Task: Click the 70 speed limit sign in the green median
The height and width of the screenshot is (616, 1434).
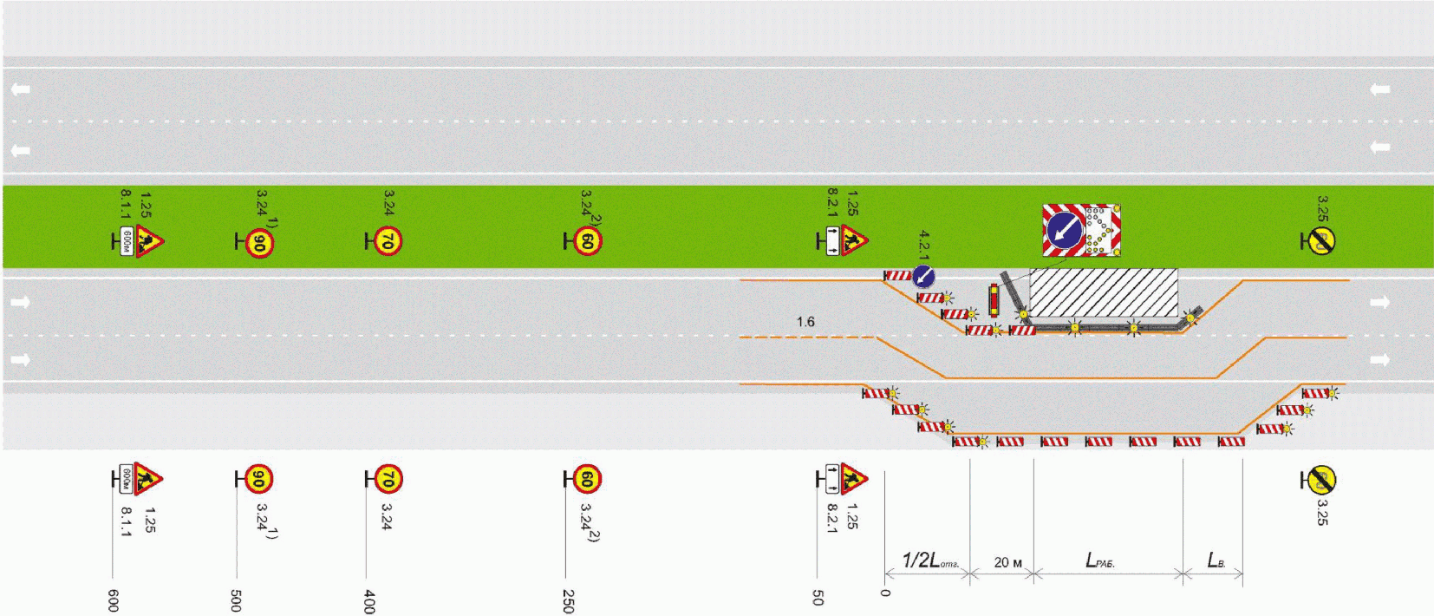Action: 388,242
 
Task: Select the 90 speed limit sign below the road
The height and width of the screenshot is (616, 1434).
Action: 258,479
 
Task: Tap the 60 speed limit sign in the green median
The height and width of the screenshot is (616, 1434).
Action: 587,241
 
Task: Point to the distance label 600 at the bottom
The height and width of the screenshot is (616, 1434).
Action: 113,600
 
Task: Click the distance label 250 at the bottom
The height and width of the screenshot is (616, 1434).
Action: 568,600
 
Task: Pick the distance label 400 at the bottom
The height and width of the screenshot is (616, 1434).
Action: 369,600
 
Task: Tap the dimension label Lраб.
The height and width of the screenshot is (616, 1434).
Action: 1099,560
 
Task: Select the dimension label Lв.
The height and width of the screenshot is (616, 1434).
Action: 1216,560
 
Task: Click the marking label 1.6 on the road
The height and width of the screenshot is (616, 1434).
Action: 805,322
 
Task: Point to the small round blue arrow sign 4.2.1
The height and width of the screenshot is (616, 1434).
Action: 923,277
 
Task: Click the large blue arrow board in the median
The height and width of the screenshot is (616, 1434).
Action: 1064,231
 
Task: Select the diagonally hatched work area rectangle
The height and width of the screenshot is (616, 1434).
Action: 1103,292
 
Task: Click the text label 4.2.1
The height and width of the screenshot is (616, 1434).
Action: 924,246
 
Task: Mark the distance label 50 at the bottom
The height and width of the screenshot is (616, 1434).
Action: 818,597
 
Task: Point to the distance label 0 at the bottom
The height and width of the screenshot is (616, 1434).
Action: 885,593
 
